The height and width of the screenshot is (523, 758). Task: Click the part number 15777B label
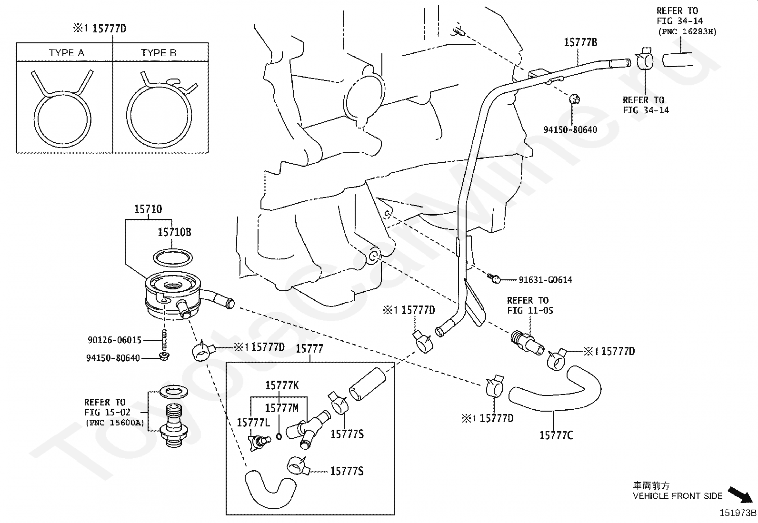coord(580,42)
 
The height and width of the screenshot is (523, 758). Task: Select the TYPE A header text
coord(66,53)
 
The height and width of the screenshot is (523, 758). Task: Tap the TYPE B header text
coord(159,53)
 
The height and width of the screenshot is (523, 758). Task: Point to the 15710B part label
coord(174,232)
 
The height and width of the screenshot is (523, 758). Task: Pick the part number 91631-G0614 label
coord(545,280)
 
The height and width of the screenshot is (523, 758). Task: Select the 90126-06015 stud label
coord(114,340)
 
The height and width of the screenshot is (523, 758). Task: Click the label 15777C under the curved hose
coord(556,435)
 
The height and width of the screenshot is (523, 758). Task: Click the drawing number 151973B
coord(738,513)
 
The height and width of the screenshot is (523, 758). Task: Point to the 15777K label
coord(282,385)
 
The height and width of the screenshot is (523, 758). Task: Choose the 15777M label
coord(281,408)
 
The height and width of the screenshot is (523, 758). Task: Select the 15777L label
coord(253,423)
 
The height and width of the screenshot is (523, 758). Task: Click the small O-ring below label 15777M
coord(279,436)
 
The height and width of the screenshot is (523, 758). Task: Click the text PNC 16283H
coord(687,32)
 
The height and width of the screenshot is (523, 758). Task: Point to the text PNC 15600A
coord(115,423)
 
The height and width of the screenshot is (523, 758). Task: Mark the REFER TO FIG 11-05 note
coord(530,305)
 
